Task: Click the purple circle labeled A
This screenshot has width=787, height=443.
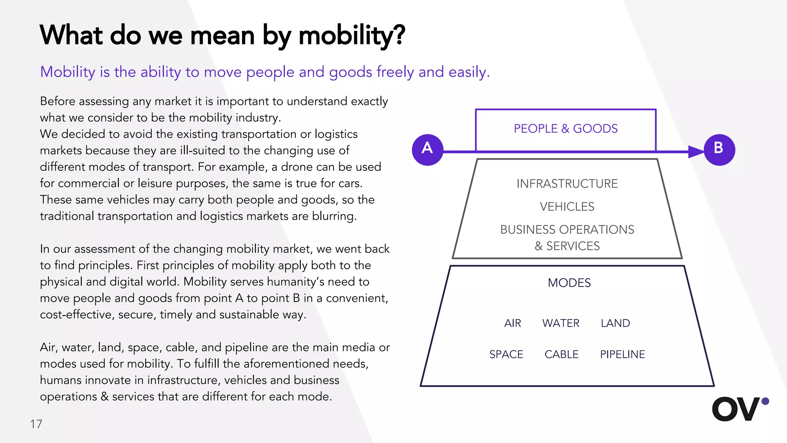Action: tap(427, 150)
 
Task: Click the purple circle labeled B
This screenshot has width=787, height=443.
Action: tap(719, 150)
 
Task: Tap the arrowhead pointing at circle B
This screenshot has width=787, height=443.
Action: tap(696, 152)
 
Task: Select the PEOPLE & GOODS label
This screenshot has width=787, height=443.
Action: tap(566, 128)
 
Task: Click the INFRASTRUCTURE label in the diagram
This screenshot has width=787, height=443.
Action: tap(567, 184)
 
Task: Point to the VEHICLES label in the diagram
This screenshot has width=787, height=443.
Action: tap(567, 207)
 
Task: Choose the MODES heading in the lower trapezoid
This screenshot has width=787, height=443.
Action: tap(569, 283)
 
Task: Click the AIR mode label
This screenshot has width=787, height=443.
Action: tap(513, 323)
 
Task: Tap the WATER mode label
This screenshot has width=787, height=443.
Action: tap(561, 323)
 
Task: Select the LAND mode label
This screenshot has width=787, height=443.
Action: tap(615, 323)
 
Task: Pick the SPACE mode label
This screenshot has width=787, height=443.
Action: tap(506, 355)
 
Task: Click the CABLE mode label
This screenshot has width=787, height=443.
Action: tap(561, 355)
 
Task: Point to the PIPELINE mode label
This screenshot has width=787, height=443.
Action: tap(623, 355)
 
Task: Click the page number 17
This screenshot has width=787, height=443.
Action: tap(36, 424)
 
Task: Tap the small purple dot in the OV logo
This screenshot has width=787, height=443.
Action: tap(765, 401)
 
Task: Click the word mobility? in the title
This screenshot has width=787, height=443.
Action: tap(352, 36)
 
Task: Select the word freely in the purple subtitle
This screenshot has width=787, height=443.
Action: tap(395, 72)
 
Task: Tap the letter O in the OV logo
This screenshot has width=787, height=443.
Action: tap(725, 409)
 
